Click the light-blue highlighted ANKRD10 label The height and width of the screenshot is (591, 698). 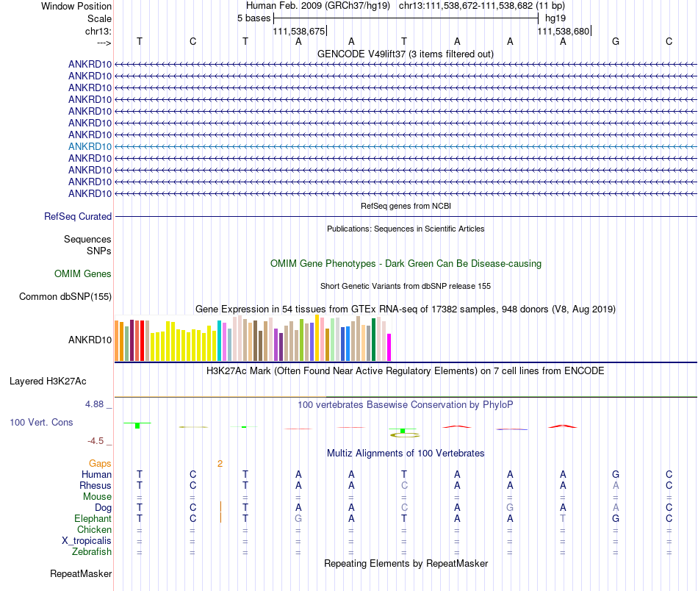click(x=90, y=146)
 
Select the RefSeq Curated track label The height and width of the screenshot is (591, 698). click(x=78, y=216)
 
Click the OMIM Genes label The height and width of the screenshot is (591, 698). click(x=83, y=274)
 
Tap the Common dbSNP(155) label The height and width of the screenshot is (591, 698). click(x=65, y=297)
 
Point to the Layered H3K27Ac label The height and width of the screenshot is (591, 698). click(x=48, y=382)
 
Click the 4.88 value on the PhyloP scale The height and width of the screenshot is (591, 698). click(x=94, y=404)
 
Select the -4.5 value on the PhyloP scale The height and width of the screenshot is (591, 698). click(x=96, y=441)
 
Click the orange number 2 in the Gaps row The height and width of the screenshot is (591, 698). click(x=220, y=464)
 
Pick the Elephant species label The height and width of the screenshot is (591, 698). click(x=93, y=519)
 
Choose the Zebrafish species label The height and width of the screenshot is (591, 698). click(x=92, y=552)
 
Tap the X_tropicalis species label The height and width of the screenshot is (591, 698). click(x=87, y=541)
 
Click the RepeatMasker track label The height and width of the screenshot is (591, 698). click(x=81, y=573)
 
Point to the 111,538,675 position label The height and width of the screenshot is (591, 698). click(x=299, y=31)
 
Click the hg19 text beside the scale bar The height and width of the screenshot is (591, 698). click(x=555, y=18)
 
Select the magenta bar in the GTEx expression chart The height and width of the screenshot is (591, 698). click(x=389, y=347)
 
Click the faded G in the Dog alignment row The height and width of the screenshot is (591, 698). click(x=510, y=508)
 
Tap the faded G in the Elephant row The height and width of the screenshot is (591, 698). click(x=298, y=519)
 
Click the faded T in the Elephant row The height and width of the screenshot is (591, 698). click(x=563, y=519)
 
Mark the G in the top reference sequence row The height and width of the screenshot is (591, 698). click(x=616, y=41)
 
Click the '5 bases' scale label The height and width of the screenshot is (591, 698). click(x=253, y=18)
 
